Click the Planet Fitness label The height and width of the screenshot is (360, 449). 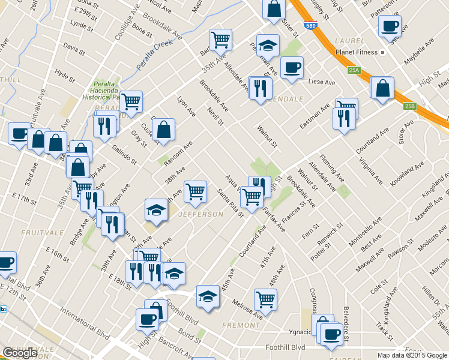[361, 52]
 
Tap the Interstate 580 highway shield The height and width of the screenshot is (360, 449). [310, 26]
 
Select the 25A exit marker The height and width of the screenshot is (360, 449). [354, 71]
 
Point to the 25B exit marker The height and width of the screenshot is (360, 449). [409, 106]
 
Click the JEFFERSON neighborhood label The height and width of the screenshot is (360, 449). [200, 214]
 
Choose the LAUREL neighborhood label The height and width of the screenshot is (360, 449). [351, 41]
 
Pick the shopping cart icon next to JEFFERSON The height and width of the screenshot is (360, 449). [196, 191]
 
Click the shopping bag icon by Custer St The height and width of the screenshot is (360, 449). [163, 129]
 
